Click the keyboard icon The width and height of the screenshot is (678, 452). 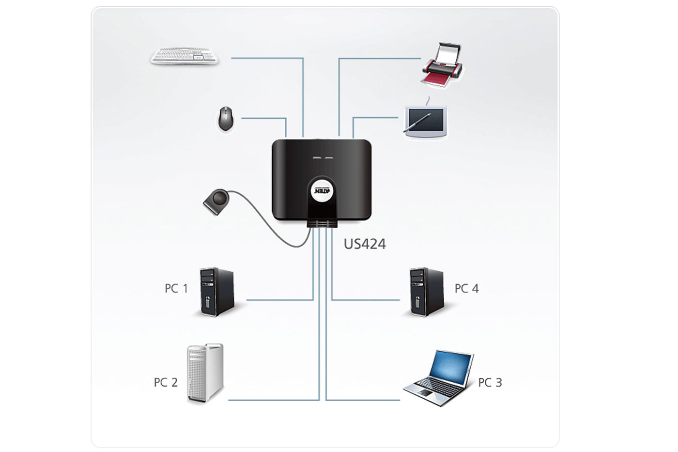(185, 56)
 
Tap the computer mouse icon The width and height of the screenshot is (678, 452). (225, 118)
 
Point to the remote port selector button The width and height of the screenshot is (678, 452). (217, 200)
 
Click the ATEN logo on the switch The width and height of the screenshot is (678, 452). (323, 190)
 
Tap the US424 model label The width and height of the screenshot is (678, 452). (365, 244)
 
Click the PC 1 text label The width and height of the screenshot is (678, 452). (176, 289)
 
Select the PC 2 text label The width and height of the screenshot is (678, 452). (166, 382)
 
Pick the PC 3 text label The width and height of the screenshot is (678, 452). (490, 382)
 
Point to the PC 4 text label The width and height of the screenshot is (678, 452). (466, 289)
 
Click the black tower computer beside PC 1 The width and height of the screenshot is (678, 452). (216, 292)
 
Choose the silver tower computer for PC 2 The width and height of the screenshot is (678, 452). (205, 373)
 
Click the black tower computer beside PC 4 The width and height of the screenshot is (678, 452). (426, 292)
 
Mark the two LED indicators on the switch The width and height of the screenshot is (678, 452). (323, 158)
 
